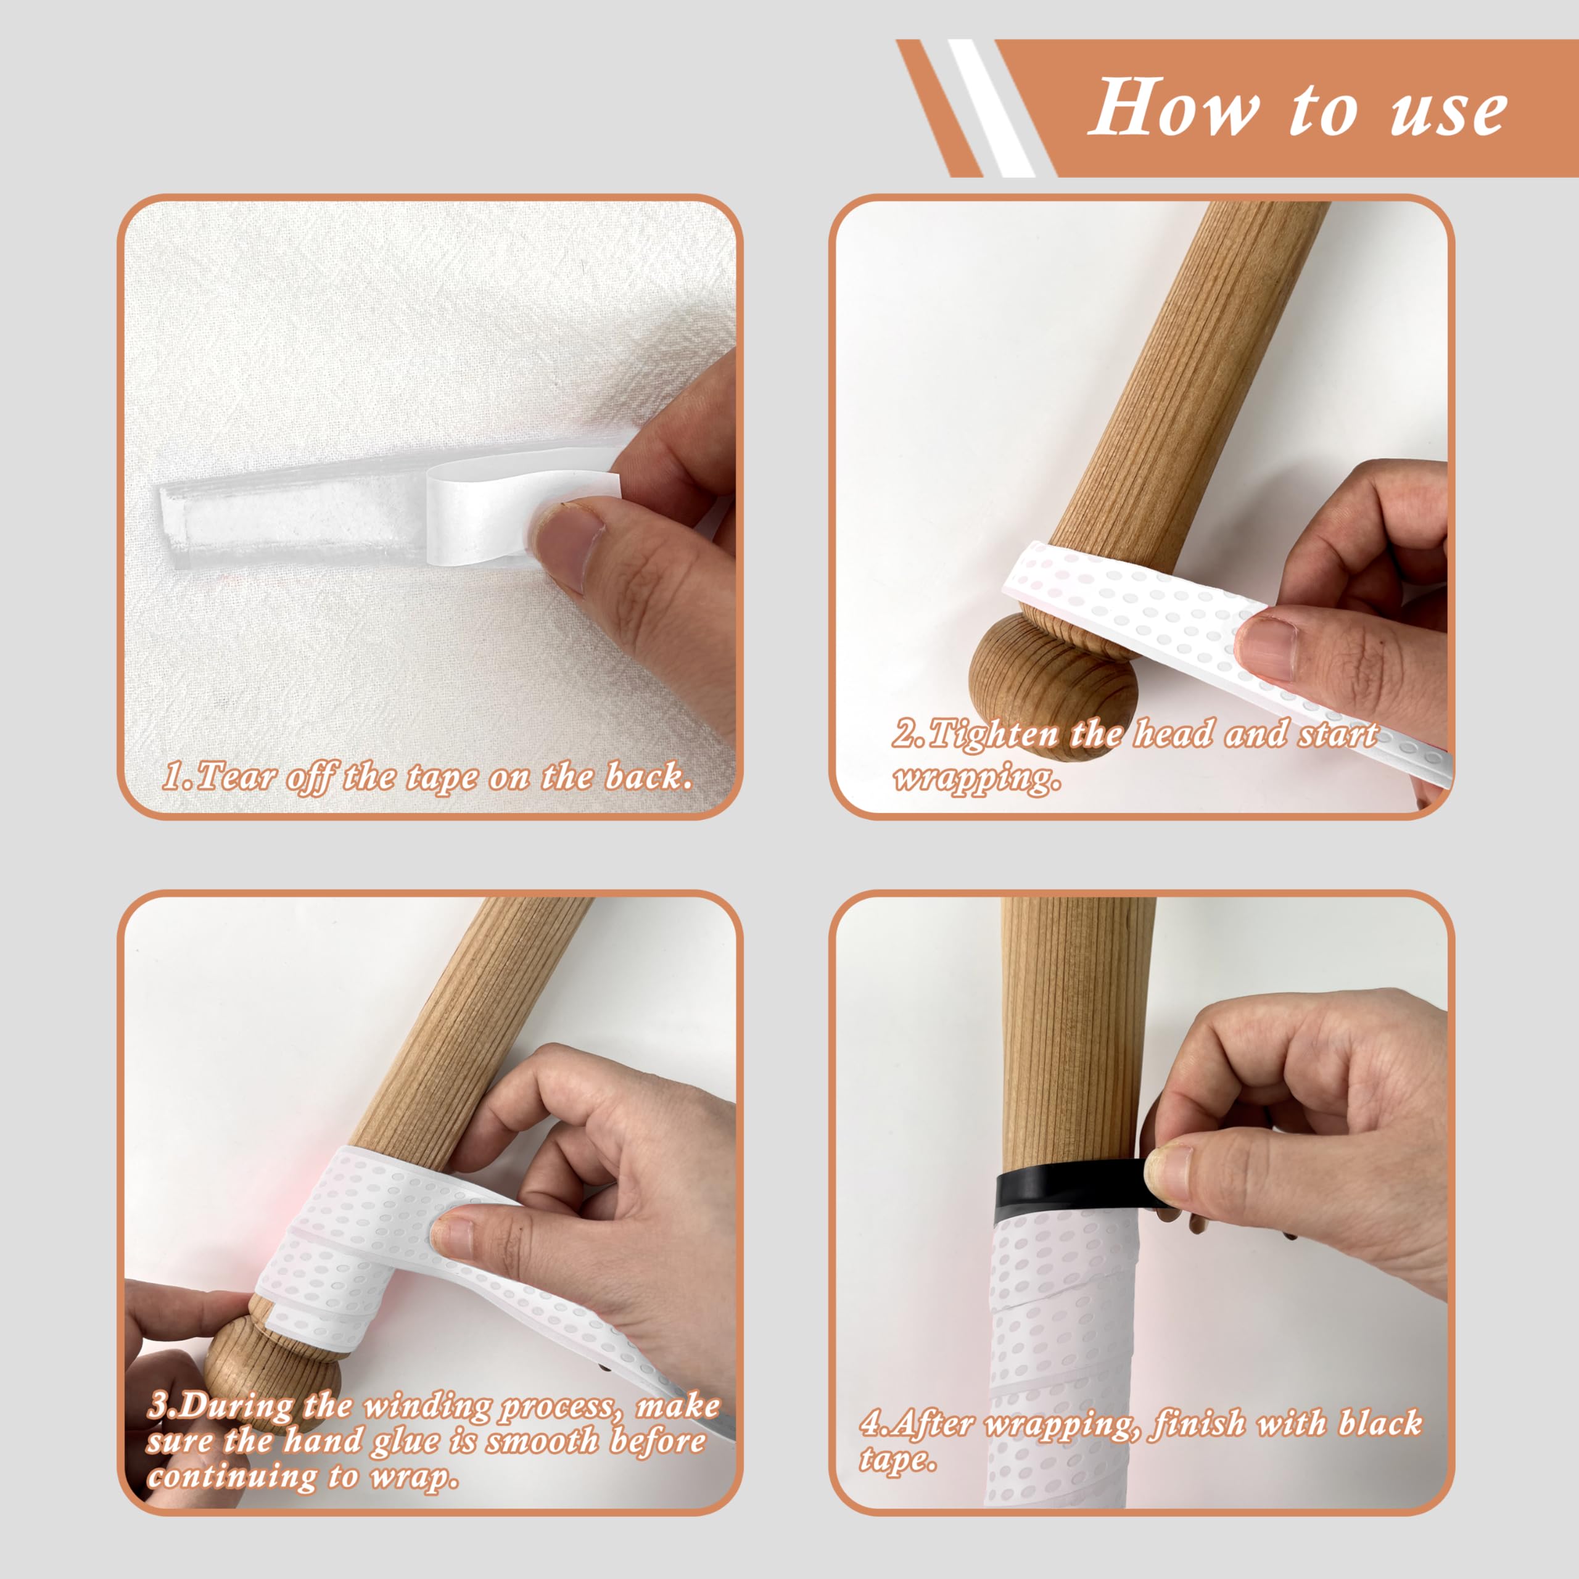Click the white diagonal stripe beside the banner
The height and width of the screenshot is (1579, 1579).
(x=991, y=108)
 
